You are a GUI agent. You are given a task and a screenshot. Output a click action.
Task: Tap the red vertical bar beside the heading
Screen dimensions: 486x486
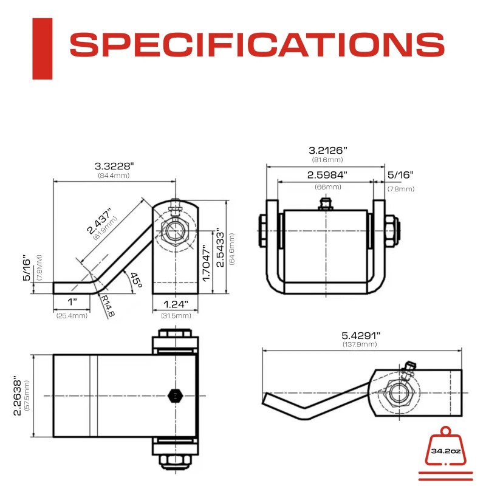pos(42,49)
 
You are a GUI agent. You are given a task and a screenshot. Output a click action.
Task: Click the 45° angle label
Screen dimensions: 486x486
pos(135,281)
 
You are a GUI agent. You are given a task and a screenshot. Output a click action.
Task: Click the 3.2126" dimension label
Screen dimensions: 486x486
pos(328,149)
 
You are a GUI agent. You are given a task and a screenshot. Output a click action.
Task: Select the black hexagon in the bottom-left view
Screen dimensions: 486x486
pos(174,395)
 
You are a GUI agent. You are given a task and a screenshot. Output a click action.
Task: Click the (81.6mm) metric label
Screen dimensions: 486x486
pos(328,160)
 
